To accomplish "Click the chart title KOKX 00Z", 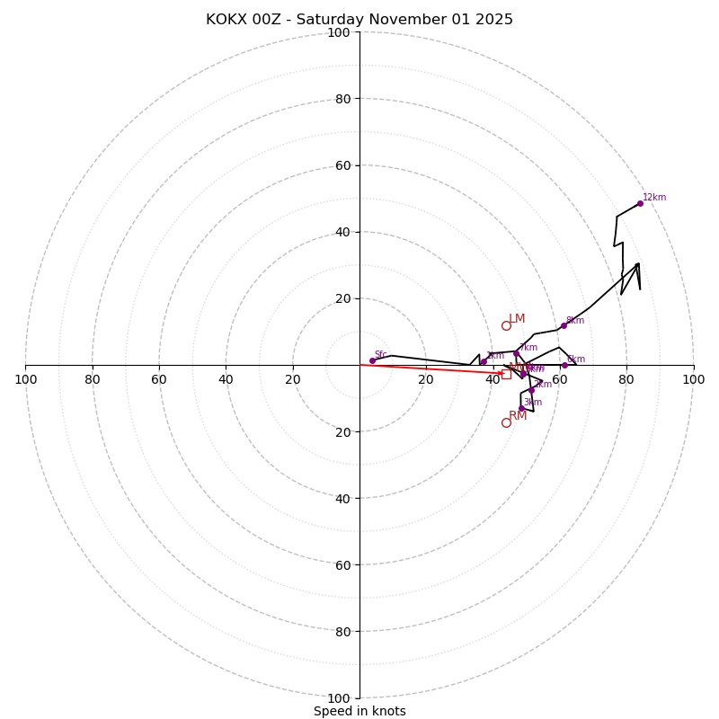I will point(359,20).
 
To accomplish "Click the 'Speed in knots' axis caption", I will point(359,711).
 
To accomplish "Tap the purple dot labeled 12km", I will point(640,203).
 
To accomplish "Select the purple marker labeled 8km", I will point(564,325).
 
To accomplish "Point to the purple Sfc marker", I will point(372,360).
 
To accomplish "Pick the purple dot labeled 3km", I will point(521,408).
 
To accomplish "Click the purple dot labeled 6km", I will point(564,365).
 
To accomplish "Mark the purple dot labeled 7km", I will point(516,353).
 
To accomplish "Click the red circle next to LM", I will point(506,325).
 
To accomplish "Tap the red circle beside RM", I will point(506,422).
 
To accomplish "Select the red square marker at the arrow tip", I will point(506,374).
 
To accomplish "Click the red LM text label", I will point(517,319).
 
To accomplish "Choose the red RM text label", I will point(518,416).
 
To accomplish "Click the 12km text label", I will point(654,198).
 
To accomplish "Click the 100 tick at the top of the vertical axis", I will point(338,32).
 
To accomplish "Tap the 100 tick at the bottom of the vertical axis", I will point(338,698).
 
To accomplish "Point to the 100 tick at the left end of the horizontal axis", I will point(25,379).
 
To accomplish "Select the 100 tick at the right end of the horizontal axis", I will point(694,379).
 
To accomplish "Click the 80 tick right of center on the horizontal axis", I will point(626,379).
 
